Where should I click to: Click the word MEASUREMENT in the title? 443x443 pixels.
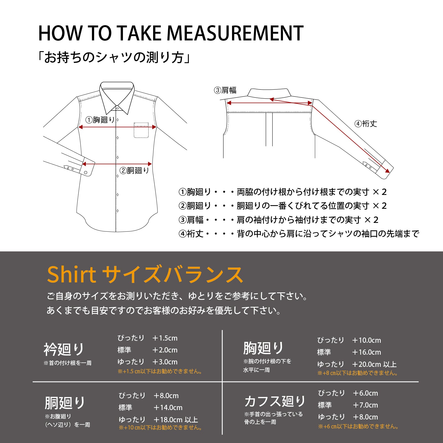click(x=235, y=33)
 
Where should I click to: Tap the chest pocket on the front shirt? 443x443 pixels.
click(x=141, y=130)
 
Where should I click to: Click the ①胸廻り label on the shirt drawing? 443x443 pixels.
click(x=100, y=120)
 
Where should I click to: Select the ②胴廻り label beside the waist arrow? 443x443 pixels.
click(x=134, y=170)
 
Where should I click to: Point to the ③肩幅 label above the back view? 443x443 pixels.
click(x=225, y=90)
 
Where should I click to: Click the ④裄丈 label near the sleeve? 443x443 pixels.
click(x=366, y=123)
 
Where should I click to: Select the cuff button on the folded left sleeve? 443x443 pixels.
click(x=86, y=172)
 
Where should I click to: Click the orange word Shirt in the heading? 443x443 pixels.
click(x=71, y=275)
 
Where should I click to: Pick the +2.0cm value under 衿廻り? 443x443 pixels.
click(x=165, y=350)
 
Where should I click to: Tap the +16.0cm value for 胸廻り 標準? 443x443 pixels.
click(x=367, y=352)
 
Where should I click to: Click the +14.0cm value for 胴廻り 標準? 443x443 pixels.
click(x=168, y=408)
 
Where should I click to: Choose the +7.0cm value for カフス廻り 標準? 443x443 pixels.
click(x=365, y=405)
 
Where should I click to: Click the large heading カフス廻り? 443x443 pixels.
click(x=275, y=401)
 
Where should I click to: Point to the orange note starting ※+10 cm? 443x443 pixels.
click(x=160, y=427)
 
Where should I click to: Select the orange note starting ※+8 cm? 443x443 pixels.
click(x=357, y=373)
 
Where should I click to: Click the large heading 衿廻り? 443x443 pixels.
click(x=64, y=349)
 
